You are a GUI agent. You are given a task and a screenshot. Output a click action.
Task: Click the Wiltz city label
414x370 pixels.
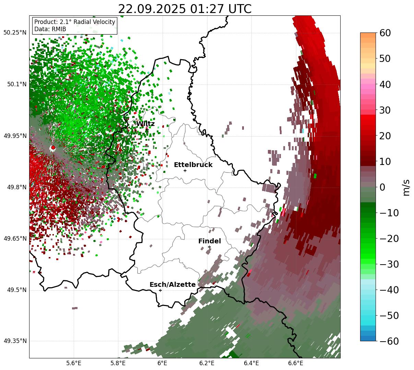(145, 124)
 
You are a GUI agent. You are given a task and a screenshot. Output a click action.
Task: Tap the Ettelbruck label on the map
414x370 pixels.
(193, 165)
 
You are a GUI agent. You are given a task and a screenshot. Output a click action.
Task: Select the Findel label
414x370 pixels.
(210, 241)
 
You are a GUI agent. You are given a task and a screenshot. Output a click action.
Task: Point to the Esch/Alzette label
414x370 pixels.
(173, 285)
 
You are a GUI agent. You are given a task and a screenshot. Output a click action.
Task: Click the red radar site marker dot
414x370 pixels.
(53, 148)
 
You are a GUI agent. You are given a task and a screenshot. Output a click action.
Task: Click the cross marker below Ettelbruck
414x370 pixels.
(185, 170)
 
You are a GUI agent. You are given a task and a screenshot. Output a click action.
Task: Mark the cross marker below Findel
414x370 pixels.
(209, 247)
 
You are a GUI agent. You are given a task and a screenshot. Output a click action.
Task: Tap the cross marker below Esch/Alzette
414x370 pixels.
(160, 290)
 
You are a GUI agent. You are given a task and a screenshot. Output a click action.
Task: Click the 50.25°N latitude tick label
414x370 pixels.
(15, 33)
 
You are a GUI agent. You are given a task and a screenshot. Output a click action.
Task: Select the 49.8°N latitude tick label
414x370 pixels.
(16, 188)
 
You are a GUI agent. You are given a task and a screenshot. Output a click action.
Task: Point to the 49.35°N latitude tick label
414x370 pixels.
(15, 341)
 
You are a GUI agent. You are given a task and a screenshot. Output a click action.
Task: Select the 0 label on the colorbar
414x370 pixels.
(382, 187)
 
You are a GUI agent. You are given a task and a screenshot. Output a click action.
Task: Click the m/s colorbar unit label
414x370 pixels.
(407, 187)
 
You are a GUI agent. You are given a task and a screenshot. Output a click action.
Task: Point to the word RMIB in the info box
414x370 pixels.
(59, 29)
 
